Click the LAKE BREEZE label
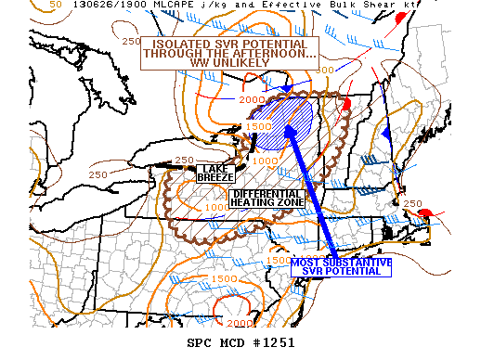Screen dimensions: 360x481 coord(215,173)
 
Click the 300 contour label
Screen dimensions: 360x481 coord(324,70)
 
